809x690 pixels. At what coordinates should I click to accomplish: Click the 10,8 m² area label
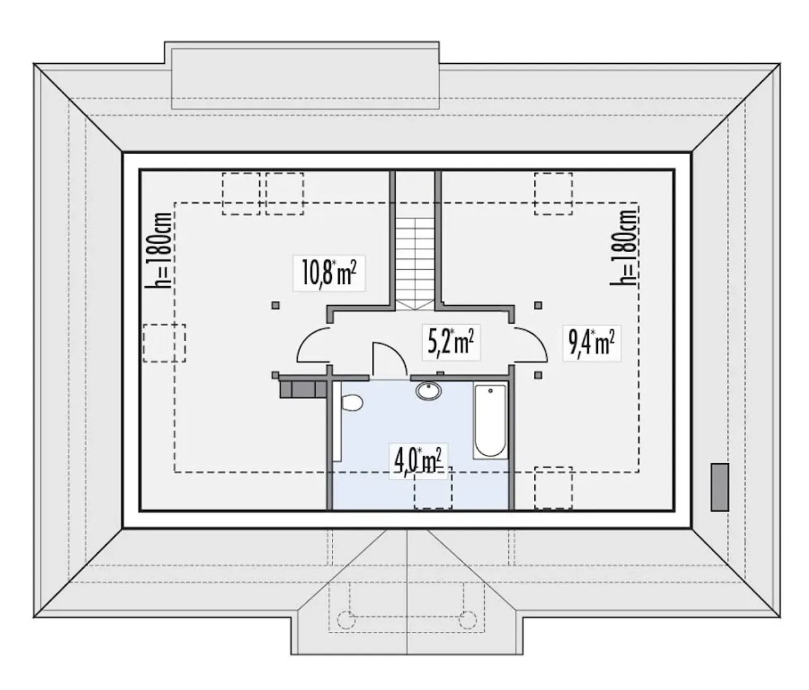(329, 273)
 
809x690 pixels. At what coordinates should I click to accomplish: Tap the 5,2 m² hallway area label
(451, 342)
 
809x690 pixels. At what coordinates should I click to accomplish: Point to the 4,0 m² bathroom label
(418, 461)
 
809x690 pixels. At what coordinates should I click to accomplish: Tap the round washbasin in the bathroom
(429, 390)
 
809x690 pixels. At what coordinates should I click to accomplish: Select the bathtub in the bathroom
(490, 420)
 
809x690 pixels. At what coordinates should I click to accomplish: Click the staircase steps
(415, 264)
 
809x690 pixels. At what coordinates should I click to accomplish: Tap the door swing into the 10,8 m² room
(313, 344)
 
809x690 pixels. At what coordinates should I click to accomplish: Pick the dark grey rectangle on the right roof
(720, 487)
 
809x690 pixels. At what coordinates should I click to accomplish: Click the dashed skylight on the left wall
(164, 343)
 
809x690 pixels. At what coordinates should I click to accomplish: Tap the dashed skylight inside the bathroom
(433, 488)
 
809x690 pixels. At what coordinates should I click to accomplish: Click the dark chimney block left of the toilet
(303, 389)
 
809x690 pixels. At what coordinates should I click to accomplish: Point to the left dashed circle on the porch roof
(346, 620)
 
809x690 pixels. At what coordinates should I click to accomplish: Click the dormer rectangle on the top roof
(305, 78)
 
